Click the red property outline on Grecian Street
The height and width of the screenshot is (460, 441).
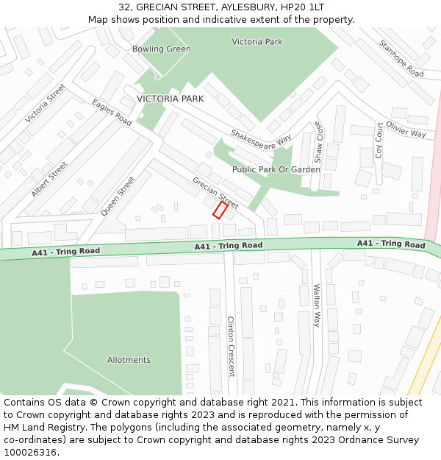pos(220,210)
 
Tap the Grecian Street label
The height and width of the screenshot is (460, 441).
pos(215,193)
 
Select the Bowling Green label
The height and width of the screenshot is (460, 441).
pos(161,49)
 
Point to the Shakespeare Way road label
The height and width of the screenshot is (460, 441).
pos(261,138)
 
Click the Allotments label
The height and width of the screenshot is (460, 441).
pos(129,360)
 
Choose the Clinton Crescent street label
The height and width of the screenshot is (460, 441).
pos(231,346)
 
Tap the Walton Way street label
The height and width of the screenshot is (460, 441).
pos(317,305)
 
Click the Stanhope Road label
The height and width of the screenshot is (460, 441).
pos(401,59)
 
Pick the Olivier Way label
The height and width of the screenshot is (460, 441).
pos(406,130)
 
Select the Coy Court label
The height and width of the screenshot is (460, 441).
pos(379,141)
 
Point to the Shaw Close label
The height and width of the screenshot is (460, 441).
pos(318,141)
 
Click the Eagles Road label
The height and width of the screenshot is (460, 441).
pos(112,113)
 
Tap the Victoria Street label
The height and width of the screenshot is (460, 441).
pos(45,103)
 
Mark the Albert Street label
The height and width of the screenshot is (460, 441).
pos(49,179)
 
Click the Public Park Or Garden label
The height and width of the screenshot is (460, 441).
pos(276,169)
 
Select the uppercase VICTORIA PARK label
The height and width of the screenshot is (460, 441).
pos(170,99)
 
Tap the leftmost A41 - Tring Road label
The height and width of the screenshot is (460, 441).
pos(65,252)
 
